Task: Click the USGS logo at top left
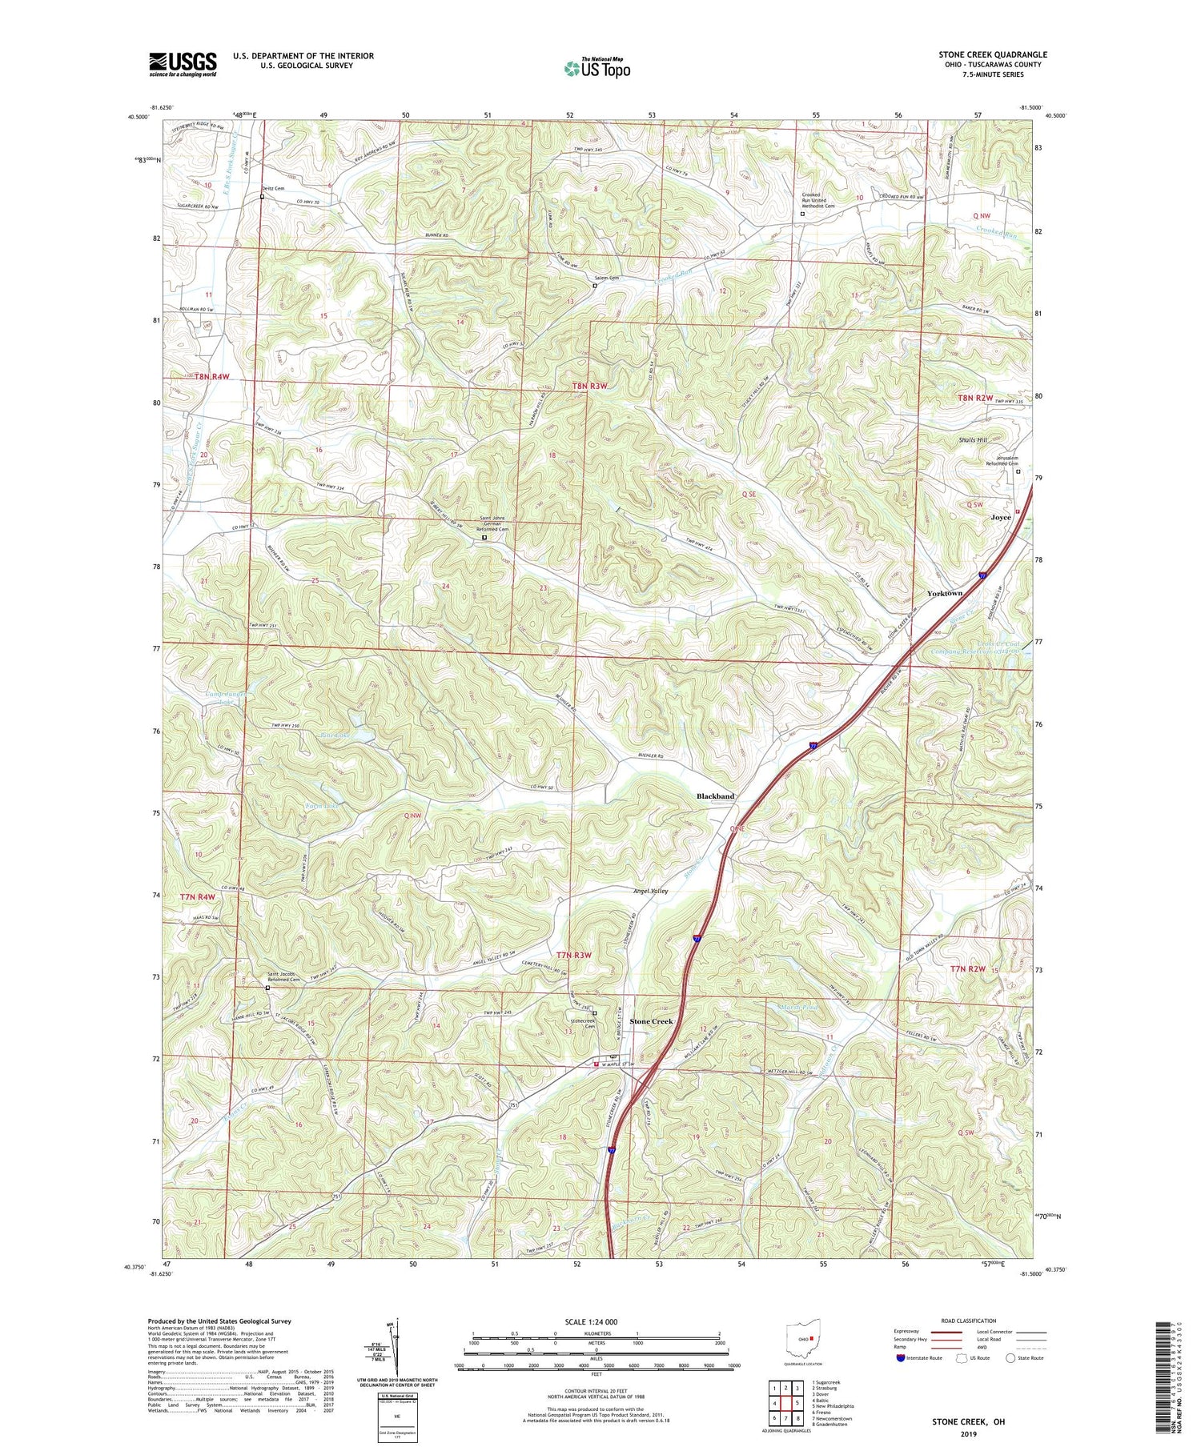tap(182, 64)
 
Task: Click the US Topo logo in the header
tap(596, 68)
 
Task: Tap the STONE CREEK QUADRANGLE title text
tap(992, 54)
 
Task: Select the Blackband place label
tap(715, 796)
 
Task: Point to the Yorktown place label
tap(944, 593)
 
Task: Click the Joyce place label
tap(1001, 517)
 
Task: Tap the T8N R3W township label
tap(589, 387)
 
